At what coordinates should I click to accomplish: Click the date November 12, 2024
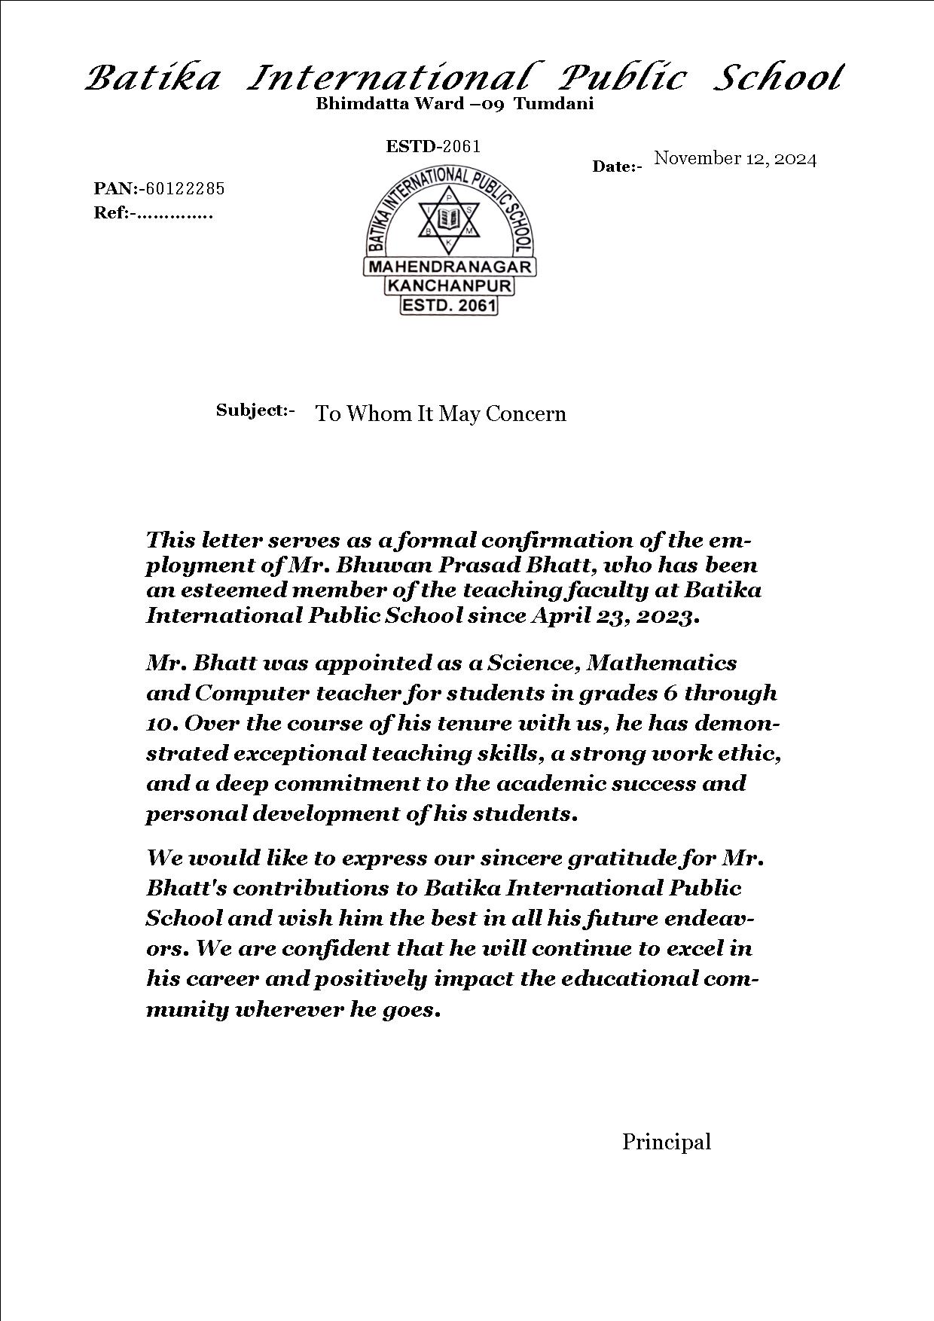[x=735, y=158]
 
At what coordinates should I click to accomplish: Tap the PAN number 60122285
[x=185, y=188]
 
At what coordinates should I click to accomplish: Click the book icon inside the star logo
[x=449, y=220]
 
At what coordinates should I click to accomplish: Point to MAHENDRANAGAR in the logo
[x=450, y=267]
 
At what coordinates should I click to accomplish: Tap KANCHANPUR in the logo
[x=450, y=286]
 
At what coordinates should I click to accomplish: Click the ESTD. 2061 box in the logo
[x=449, y=305]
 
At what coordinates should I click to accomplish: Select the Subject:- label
[x=255, y=410]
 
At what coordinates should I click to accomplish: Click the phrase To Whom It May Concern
[x=441, y=413]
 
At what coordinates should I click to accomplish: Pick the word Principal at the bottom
[x=666, y=1142]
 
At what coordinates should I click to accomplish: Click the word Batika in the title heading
[x=153, y=78]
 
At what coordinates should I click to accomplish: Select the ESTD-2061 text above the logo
[x=433, y=146]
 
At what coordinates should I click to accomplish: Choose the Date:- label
[x=617, y=166]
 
